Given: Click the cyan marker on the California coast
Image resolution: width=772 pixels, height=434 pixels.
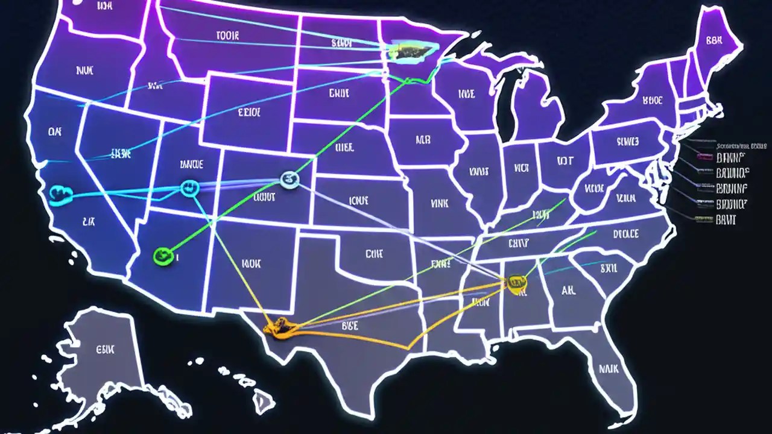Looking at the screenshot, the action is [x=61, y=193].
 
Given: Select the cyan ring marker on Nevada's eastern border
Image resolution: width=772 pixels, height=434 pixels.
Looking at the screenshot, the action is [x=189, y=188].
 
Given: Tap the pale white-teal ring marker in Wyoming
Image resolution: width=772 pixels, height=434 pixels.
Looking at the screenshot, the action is [x=290, y=178].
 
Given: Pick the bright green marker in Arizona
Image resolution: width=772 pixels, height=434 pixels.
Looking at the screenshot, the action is [x=163, y=256].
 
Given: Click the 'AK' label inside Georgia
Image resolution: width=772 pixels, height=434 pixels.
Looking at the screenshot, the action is [x=568, y=291].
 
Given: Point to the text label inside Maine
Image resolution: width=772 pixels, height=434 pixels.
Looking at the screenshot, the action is [x=714, y=41].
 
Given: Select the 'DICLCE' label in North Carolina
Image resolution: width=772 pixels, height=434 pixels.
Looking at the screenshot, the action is [x=625, y=234].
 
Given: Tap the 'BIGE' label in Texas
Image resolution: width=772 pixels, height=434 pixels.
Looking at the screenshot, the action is [x=350, y=325].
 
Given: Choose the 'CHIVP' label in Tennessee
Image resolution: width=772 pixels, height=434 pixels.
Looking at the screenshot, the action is [x=519, y=243].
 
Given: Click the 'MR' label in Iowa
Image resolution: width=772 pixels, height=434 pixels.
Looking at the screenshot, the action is [x=423, y=140].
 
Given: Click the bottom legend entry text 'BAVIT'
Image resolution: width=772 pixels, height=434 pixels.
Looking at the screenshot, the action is [x=726, y=221].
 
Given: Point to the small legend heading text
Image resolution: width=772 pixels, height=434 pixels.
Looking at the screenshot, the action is [x=741, y=146].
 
